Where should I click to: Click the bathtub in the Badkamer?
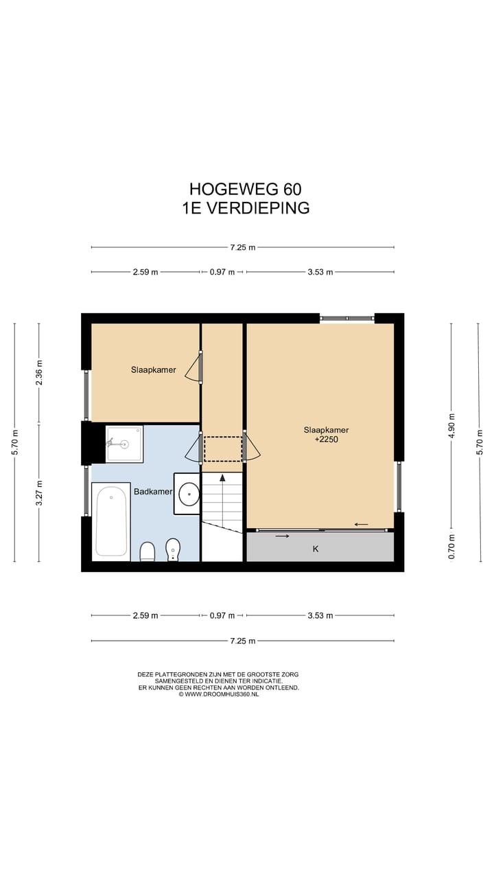pyautogui.click(x=111, y=521)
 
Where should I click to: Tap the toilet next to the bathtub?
pyautogui.click(x=148, y=551)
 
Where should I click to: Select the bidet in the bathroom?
pyautogui.click(x=173, y=549)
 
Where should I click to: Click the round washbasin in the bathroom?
pyautogui.click(x=189, y=494)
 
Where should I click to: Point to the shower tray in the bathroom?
pyautogui.click(x=124, y=444)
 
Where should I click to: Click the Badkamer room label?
pyautogui.click(x=153, y=491)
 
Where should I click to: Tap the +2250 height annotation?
pyautogui.click(x=326, y=439)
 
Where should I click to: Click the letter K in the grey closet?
pyautogui.click(x=316, y=549)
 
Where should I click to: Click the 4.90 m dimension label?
pyautogui.click(x=451, y=426)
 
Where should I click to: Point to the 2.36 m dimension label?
pyautogui.click(x=39, y=373)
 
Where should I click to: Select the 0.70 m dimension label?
pyautogui.click(x=451, y=546)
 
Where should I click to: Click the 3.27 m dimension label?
pyautogui.click(x=39, y=493)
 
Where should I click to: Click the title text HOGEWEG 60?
pyautogui.click(x=246, y=190)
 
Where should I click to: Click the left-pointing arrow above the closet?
pyautogui.click(x=361, y=524)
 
